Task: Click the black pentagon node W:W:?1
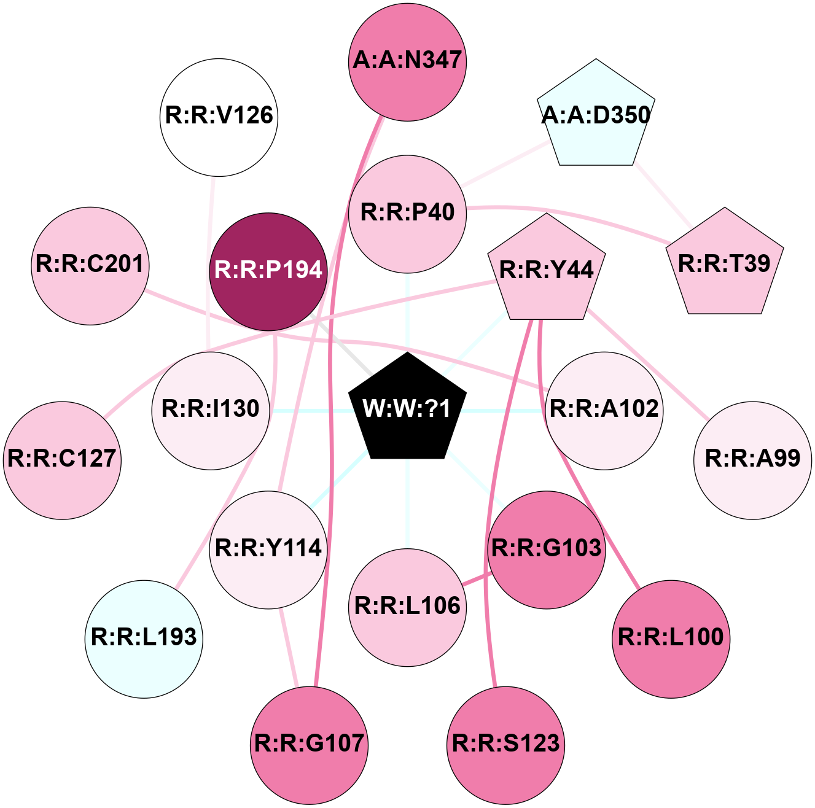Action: point(407,408)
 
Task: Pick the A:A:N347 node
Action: point(407,61)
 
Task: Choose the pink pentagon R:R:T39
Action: point(725,264)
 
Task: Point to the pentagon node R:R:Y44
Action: point(547,270)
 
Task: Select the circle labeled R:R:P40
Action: point(407,213)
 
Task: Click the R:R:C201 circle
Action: point(90,265)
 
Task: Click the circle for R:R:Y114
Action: point(268,549)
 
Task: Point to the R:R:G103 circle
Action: point(547,549)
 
